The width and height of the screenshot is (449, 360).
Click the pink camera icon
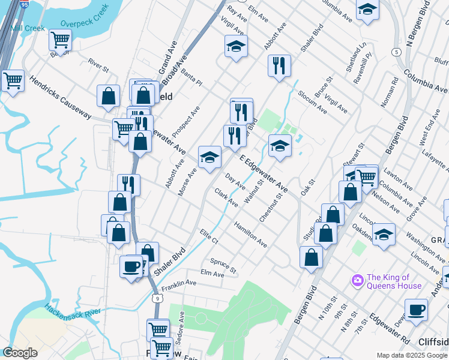[358, 280]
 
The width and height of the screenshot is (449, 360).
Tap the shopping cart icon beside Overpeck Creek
[60, 40]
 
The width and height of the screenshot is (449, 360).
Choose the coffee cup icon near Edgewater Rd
[416, 310]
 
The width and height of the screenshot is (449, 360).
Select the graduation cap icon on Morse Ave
[209, 157]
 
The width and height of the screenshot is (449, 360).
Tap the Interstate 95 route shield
[23, 4]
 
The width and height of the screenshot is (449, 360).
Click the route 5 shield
[396, 52]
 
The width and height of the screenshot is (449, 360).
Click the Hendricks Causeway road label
[59, 97]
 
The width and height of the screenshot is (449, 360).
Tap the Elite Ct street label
[209, 236]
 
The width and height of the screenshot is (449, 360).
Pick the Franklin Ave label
[179, 284]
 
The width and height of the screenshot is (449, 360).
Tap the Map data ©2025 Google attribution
[411, 355]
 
